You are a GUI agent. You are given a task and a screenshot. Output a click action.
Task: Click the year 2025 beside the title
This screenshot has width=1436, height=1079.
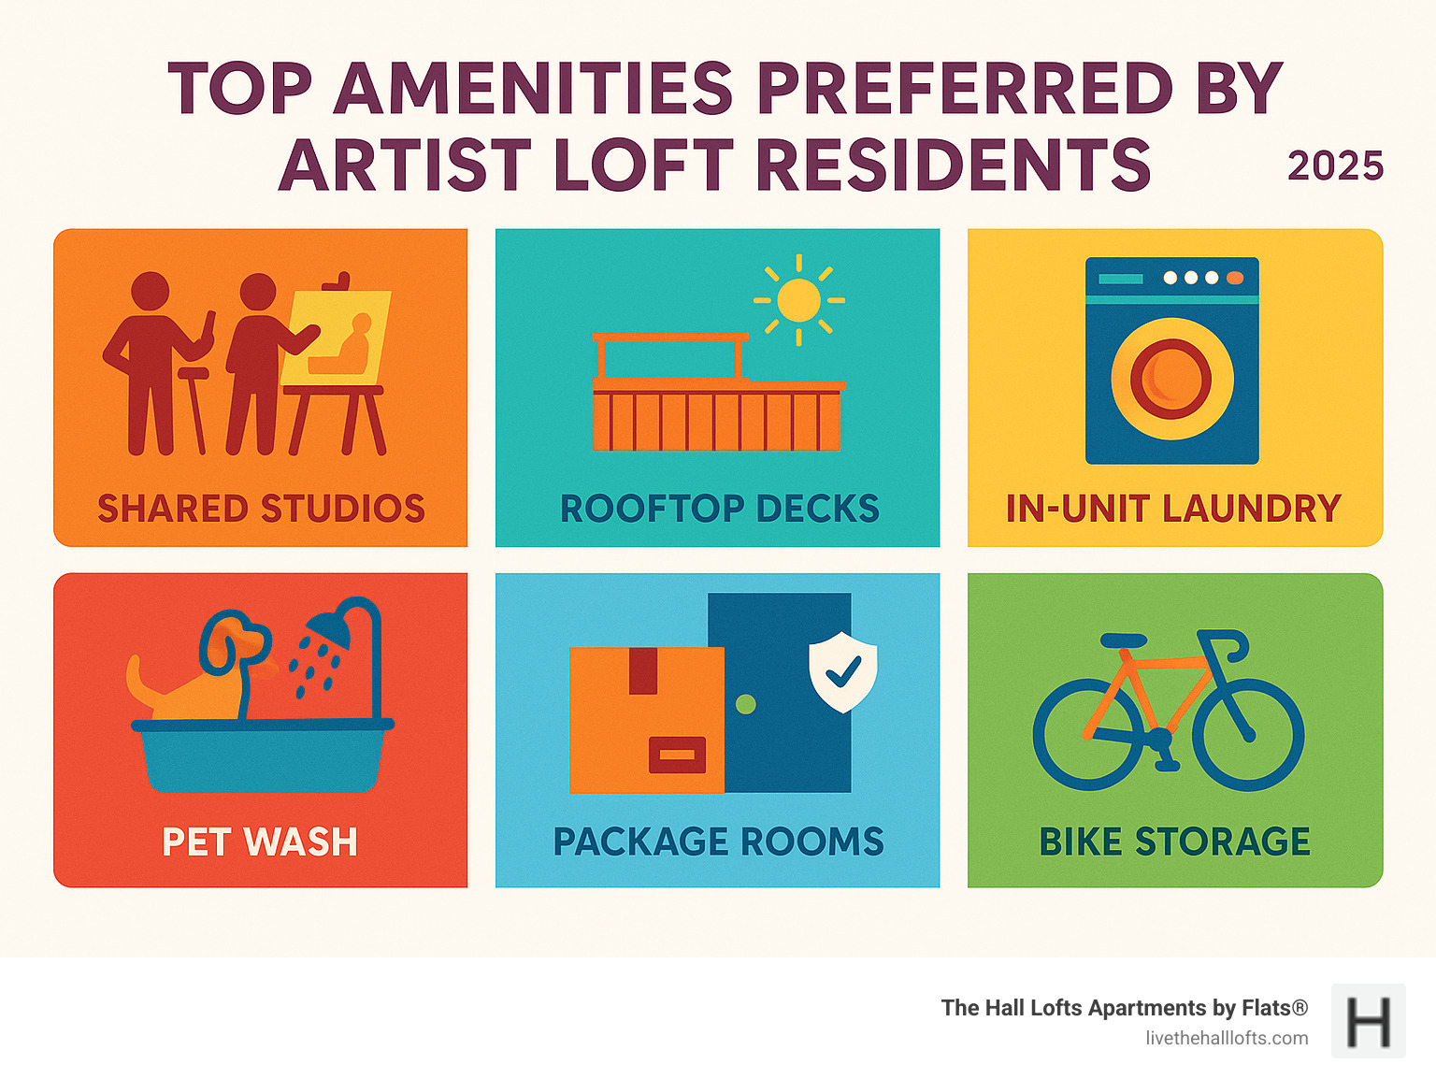click(1334, 166)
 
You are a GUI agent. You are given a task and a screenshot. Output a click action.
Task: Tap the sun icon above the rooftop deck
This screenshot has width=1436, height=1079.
click(798, 301)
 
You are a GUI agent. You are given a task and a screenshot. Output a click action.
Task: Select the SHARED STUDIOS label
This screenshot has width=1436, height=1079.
click(261, 509)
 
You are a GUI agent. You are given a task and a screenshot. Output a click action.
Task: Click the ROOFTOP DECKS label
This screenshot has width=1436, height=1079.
click(719, 509)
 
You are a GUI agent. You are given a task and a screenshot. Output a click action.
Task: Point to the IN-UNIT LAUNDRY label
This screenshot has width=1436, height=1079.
click(1173, 509)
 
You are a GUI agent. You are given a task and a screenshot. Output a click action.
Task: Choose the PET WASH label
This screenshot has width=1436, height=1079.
click(260, 842)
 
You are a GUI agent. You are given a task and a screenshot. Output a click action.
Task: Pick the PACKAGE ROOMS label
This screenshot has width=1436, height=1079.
click(718, 842)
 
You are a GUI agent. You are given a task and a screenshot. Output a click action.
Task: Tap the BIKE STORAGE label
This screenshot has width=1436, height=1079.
click(1174, 842)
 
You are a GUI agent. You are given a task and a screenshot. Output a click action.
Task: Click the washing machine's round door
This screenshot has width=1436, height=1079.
click(1171, 379)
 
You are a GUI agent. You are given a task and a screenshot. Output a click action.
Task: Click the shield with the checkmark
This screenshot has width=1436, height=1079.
click(842, 670)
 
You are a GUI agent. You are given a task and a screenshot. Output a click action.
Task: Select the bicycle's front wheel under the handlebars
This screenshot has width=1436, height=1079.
click(1248, 735)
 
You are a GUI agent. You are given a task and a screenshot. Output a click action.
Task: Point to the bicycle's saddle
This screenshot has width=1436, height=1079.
click(1124, 640)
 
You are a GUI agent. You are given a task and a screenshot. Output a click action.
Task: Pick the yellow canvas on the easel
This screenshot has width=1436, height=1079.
click(336, 337)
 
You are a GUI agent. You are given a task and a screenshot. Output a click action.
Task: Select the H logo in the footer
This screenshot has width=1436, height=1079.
click(1368, 1021)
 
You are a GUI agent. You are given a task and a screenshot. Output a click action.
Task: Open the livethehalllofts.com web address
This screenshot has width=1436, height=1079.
click(1227, 1038)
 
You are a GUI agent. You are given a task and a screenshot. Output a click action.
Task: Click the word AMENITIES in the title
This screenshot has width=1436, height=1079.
click(534, 89)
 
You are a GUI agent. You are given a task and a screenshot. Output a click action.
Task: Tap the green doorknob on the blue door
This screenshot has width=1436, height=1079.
click(745, 703)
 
